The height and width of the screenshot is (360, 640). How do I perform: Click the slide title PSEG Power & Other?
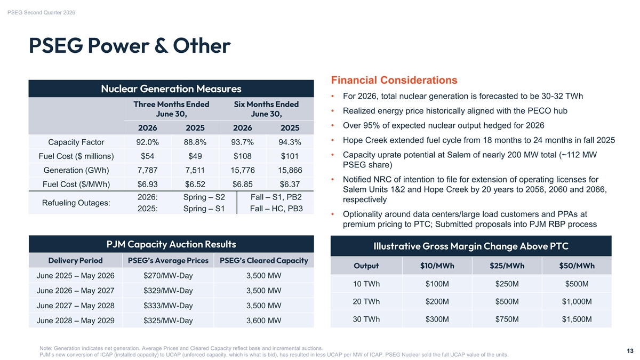(x=130, y=45)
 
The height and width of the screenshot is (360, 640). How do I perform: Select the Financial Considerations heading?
(x=394, y=81)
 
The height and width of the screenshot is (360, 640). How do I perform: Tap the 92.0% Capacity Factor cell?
(x=147, y=142)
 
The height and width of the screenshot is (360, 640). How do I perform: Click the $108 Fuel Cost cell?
(x=242, y=156)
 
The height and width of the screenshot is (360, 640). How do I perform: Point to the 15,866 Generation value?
(x=290, y=170)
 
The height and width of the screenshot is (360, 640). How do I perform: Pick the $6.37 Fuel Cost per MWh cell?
(x=290, y=184)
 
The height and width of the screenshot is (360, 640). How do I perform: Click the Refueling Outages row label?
(x=76, y=203)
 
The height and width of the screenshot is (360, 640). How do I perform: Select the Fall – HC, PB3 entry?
(x=276, y=209)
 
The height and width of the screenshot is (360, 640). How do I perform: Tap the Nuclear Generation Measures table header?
(x=171, y=89)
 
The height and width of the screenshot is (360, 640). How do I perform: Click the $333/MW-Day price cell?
(x=168, y=306)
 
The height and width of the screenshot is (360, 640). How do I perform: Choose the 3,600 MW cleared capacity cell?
(x=263, y=321)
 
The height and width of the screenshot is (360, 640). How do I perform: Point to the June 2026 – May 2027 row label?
(x=75, y=291)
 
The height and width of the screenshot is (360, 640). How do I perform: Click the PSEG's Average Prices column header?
(x=168, y=261)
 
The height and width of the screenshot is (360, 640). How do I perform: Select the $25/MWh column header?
(x=507, y=266)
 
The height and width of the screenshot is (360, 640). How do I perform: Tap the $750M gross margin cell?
(x=507, y=319)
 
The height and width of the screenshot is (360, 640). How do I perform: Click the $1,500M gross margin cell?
(x=577, y=319)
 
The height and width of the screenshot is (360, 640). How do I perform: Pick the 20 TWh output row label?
(x=366, y=301)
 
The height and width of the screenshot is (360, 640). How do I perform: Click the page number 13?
(x=630, y=351)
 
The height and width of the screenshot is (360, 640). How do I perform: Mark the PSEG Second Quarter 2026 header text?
(x=41, y=13)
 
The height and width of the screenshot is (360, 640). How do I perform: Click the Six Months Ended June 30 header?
(x=266, y=109)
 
